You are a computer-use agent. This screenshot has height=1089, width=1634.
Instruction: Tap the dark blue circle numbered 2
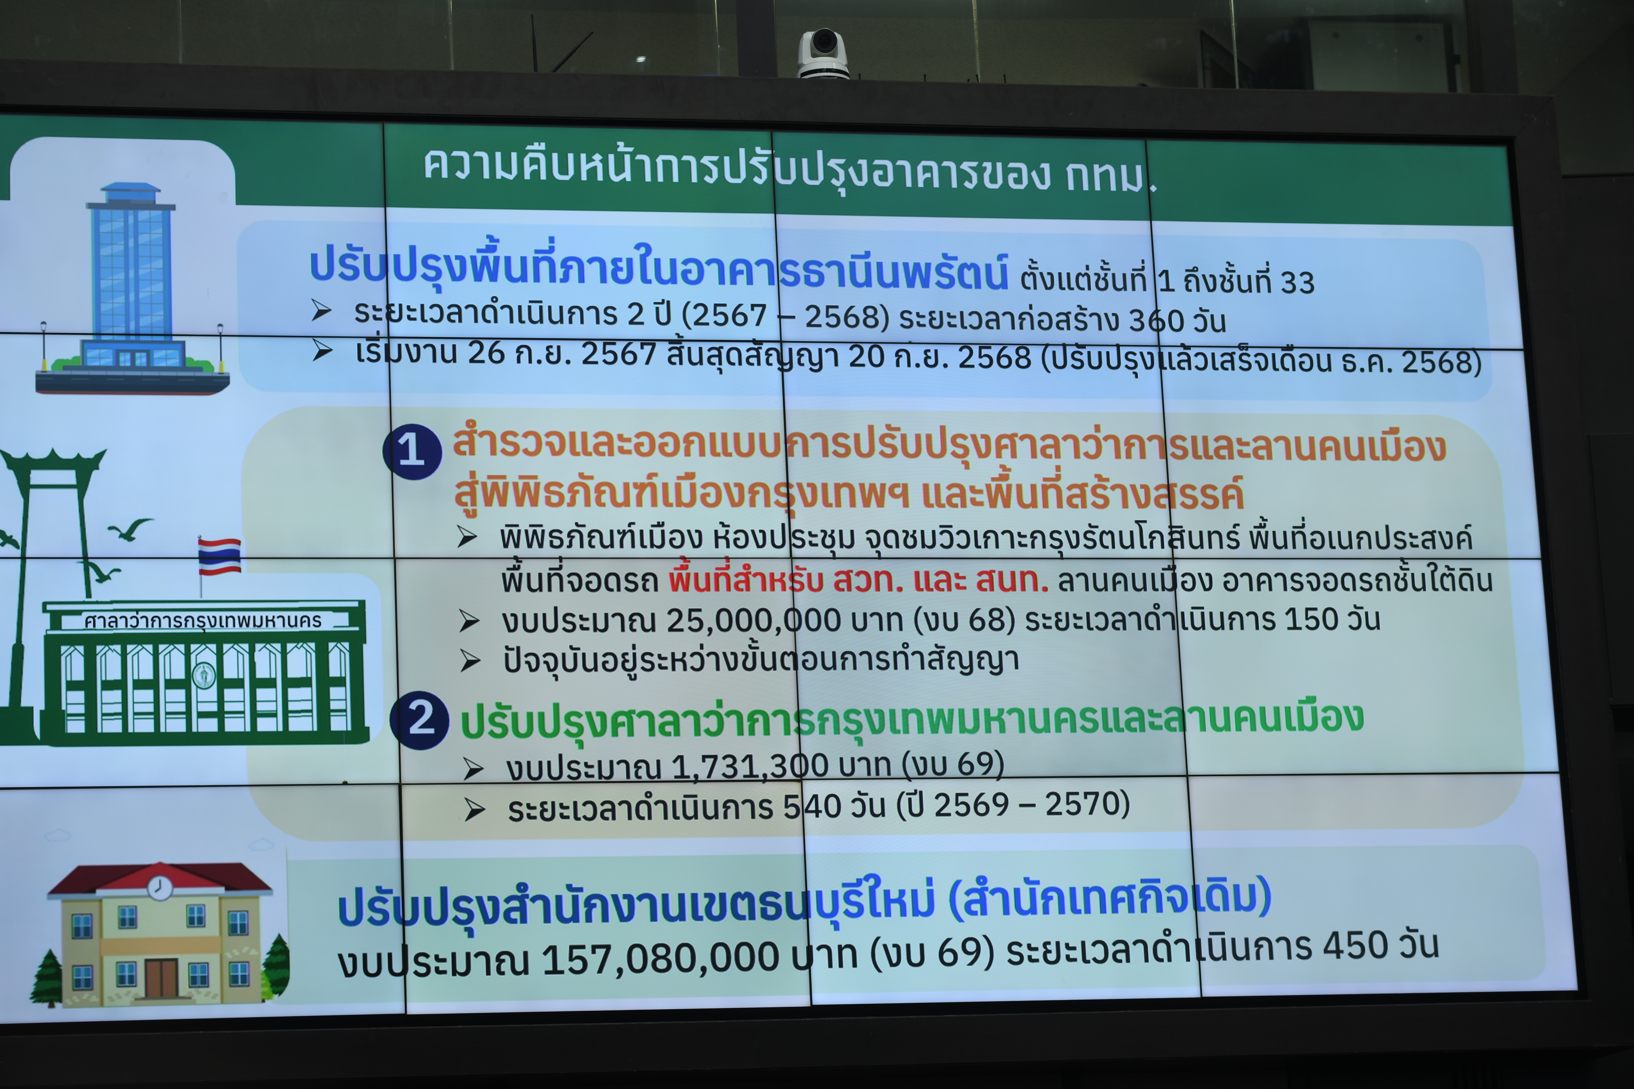(x=420, y=720)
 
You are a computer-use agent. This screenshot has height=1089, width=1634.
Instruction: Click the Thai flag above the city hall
(x=219, y=556)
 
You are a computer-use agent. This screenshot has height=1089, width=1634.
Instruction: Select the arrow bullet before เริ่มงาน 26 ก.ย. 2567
(x=322, y=351)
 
